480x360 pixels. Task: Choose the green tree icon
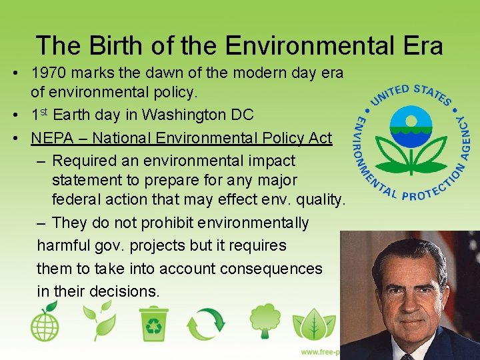[265, 321]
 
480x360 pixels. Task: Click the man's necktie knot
[407, 356]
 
